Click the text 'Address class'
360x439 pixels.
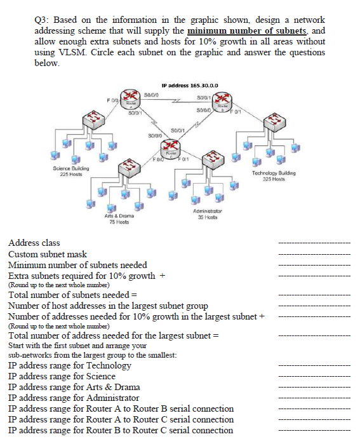point(34,243)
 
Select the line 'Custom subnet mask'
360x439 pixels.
point(47,254)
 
